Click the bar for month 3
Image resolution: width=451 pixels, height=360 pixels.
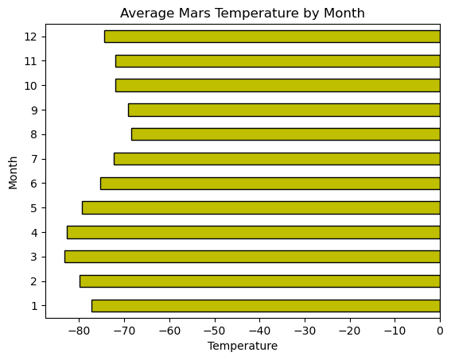(252, 257)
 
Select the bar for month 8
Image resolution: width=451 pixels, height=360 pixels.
(286, 134)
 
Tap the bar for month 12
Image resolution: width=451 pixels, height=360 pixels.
(272, 37)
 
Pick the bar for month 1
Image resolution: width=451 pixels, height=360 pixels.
(266, 306)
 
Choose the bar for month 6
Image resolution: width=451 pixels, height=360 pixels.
(270, 184)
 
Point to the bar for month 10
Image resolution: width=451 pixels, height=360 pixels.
(278, 86)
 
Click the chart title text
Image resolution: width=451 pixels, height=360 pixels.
(243, 13)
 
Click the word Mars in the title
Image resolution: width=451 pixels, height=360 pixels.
(188, 13)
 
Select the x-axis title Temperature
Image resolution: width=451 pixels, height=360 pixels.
(243, 346)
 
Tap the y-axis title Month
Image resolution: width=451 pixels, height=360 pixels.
(14, 171)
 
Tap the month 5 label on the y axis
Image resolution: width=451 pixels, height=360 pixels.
(33, 208)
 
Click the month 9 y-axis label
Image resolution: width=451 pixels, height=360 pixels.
(33, 110)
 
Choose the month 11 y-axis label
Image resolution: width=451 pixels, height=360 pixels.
(31, 61)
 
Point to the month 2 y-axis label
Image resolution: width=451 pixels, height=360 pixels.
(33, 281)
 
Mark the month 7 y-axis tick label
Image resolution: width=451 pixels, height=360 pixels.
(33, 159)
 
